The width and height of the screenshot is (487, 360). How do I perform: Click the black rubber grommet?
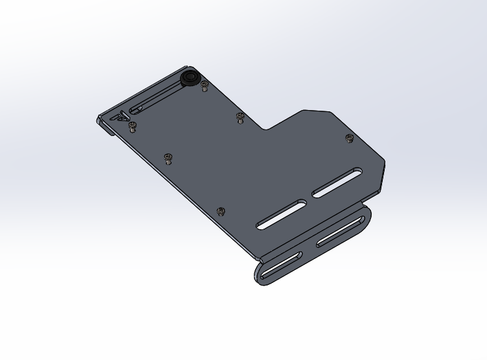click(x=190, y=78)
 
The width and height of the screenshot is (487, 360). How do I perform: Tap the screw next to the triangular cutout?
click(x=133, y=125)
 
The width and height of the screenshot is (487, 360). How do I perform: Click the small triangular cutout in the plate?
click(x=121, y=118)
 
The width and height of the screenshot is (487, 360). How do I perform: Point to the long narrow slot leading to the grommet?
click(x=159, y=96)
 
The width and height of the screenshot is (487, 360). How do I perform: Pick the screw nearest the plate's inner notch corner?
click(x=240, y=117)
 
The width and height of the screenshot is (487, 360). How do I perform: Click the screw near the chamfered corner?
click(x=350, y=138)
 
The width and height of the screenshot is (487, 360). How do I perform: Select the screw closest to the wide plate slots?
click(x=221, y=211)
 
